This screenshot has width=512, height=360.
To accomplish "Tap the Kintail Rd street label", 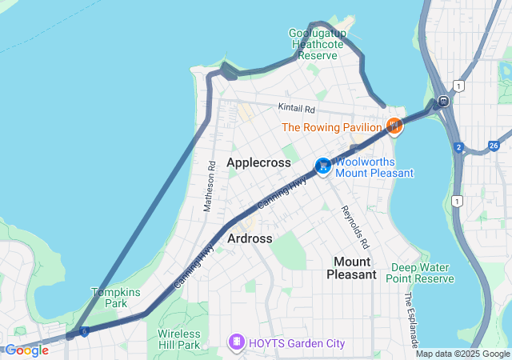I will tap(298, 107).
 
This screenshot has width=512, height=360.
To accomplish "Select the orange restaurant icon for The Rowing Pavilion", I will tap(394, 126).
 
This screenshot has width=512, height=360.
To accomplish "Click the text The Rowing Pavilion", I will tap(331, 127).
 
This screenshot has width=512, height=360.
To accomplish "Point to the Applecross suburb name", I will tap(258, 162).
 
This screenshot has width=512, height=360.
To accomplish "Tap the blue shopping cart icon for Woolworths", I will tap(322, 166).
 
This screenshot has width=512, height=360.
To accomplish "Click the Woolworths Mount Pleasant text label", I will tap(374, 167).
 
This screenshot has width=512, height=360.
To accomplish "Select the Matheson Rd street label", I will tap(210, 186).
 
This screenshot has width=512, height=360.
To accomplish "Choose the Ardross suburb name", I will tap(250, 238).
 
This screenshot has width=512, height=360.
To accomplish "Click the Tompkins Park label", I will tap(110, 298).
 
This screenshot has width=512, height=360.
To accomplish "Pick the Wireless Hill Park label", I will tap(178, 339).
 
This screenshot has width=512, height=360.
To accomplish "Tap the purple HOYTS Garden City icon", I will tap(237, 343).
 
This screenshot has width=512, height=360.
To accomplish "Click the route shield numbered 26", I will tap(494, 145).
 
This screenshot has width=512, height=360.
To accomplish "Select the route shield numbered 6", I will tap(84, 330).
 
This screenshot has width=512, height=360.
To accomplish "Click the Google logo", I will tap(26, 350).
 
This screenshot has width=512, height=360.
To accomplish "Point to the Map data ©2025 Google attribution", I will tap(462, 354).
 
